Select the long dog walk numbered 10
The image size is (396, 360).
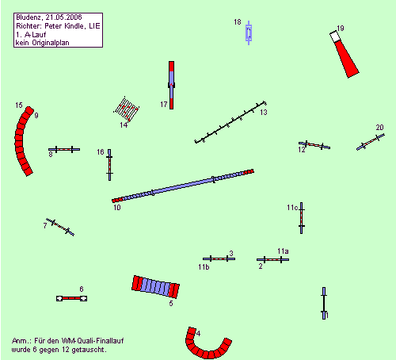pos(183,186)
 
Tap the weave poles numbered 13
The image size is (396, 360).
pos(230,122)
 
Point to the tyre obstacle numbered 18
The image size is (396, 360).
pos(249,33)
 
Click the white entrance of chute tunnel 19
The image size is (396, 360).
pos(334,36)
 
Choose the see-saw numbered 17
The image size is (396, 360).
pos(171,85)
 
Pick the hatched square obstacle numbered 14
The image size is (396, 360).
pos(126,109)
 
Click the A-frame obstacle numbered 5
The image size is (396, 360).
pos(155,287)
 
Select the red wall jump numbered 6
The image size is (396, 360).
pos(71,298)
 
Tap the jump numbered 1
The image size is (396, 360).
pos(324,303)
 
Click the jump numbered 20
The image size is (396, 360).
pos(371,142)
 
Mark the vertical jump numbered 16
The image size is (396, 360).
pos(109,165)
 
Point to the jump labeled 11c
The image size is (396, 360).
pos(302,218)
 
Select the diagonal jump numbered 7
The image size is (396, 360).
pos(60,227)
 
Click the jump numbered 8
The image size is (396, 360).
pos(64,149)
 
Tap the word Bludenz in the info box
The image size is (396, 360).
pos(29,17)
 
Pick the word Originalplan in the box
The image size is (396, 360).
pos(51,43)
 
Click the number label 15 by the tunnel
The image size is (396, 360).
pos(19,105)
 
